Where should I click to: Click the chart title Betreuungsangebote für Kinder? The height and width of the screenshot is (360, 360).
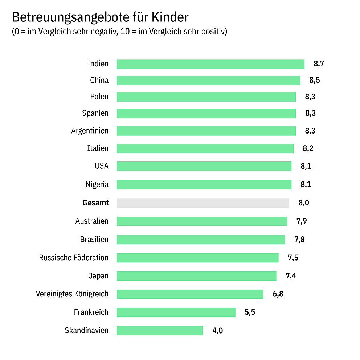click(x=100, y=17)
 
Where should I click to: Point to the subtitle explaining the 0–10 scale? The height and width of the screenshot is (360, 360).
click(x=119, y=32)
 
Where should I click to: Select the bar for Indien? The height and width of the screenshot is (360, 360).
click(x=210, y=64)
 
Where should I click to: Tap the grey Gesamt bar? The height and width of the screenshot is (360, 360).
click(x=203, y=203)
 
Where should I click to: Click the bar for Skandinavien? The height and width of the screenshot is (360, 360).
click(x=160, y=330)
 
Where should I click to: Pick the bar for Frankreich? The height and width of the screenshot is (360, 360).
click(x=176, y=312)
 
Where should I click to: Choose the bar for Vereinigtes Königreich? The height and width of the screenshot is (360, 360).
click(x=190, y=294)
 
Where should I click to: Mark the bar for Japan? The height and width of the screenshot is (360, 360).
click(x=196, y=276)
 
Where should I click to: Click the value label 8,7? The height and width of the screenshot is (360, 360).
click(x=319, y=64)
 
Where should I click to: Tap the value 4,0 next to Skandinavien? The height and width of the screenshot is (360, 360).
click(x=217, y=331)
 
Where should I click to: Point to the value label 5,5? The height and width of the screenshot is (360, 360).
click(x=250, y=312)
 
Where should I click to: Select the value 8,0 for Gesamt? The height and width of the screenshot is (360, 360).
click(x=303, y=203)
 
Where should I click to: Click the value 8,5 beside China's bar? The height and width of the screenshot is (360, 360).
click(x=314, y=80)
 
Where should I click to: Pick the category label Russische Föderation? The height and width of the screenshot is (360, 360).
click(x=74, y=258)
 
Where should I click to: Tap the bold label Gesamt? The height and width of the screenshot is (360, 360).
click(x=95, y=203)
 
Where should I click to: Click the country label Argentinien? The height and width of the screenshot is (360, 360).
click(x=90, y=131)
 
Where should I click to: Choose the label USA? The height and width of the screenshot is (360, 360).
click(x=101, y=166)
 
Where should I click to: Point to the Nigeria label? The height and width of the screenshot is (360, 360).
click(x=97, y=184)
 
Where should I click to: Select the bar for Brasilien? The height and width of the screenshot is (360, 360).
click(x=201, y=240)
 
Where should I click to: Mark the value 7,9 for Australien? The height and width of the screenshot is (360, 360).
click(x=301, y=221)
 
